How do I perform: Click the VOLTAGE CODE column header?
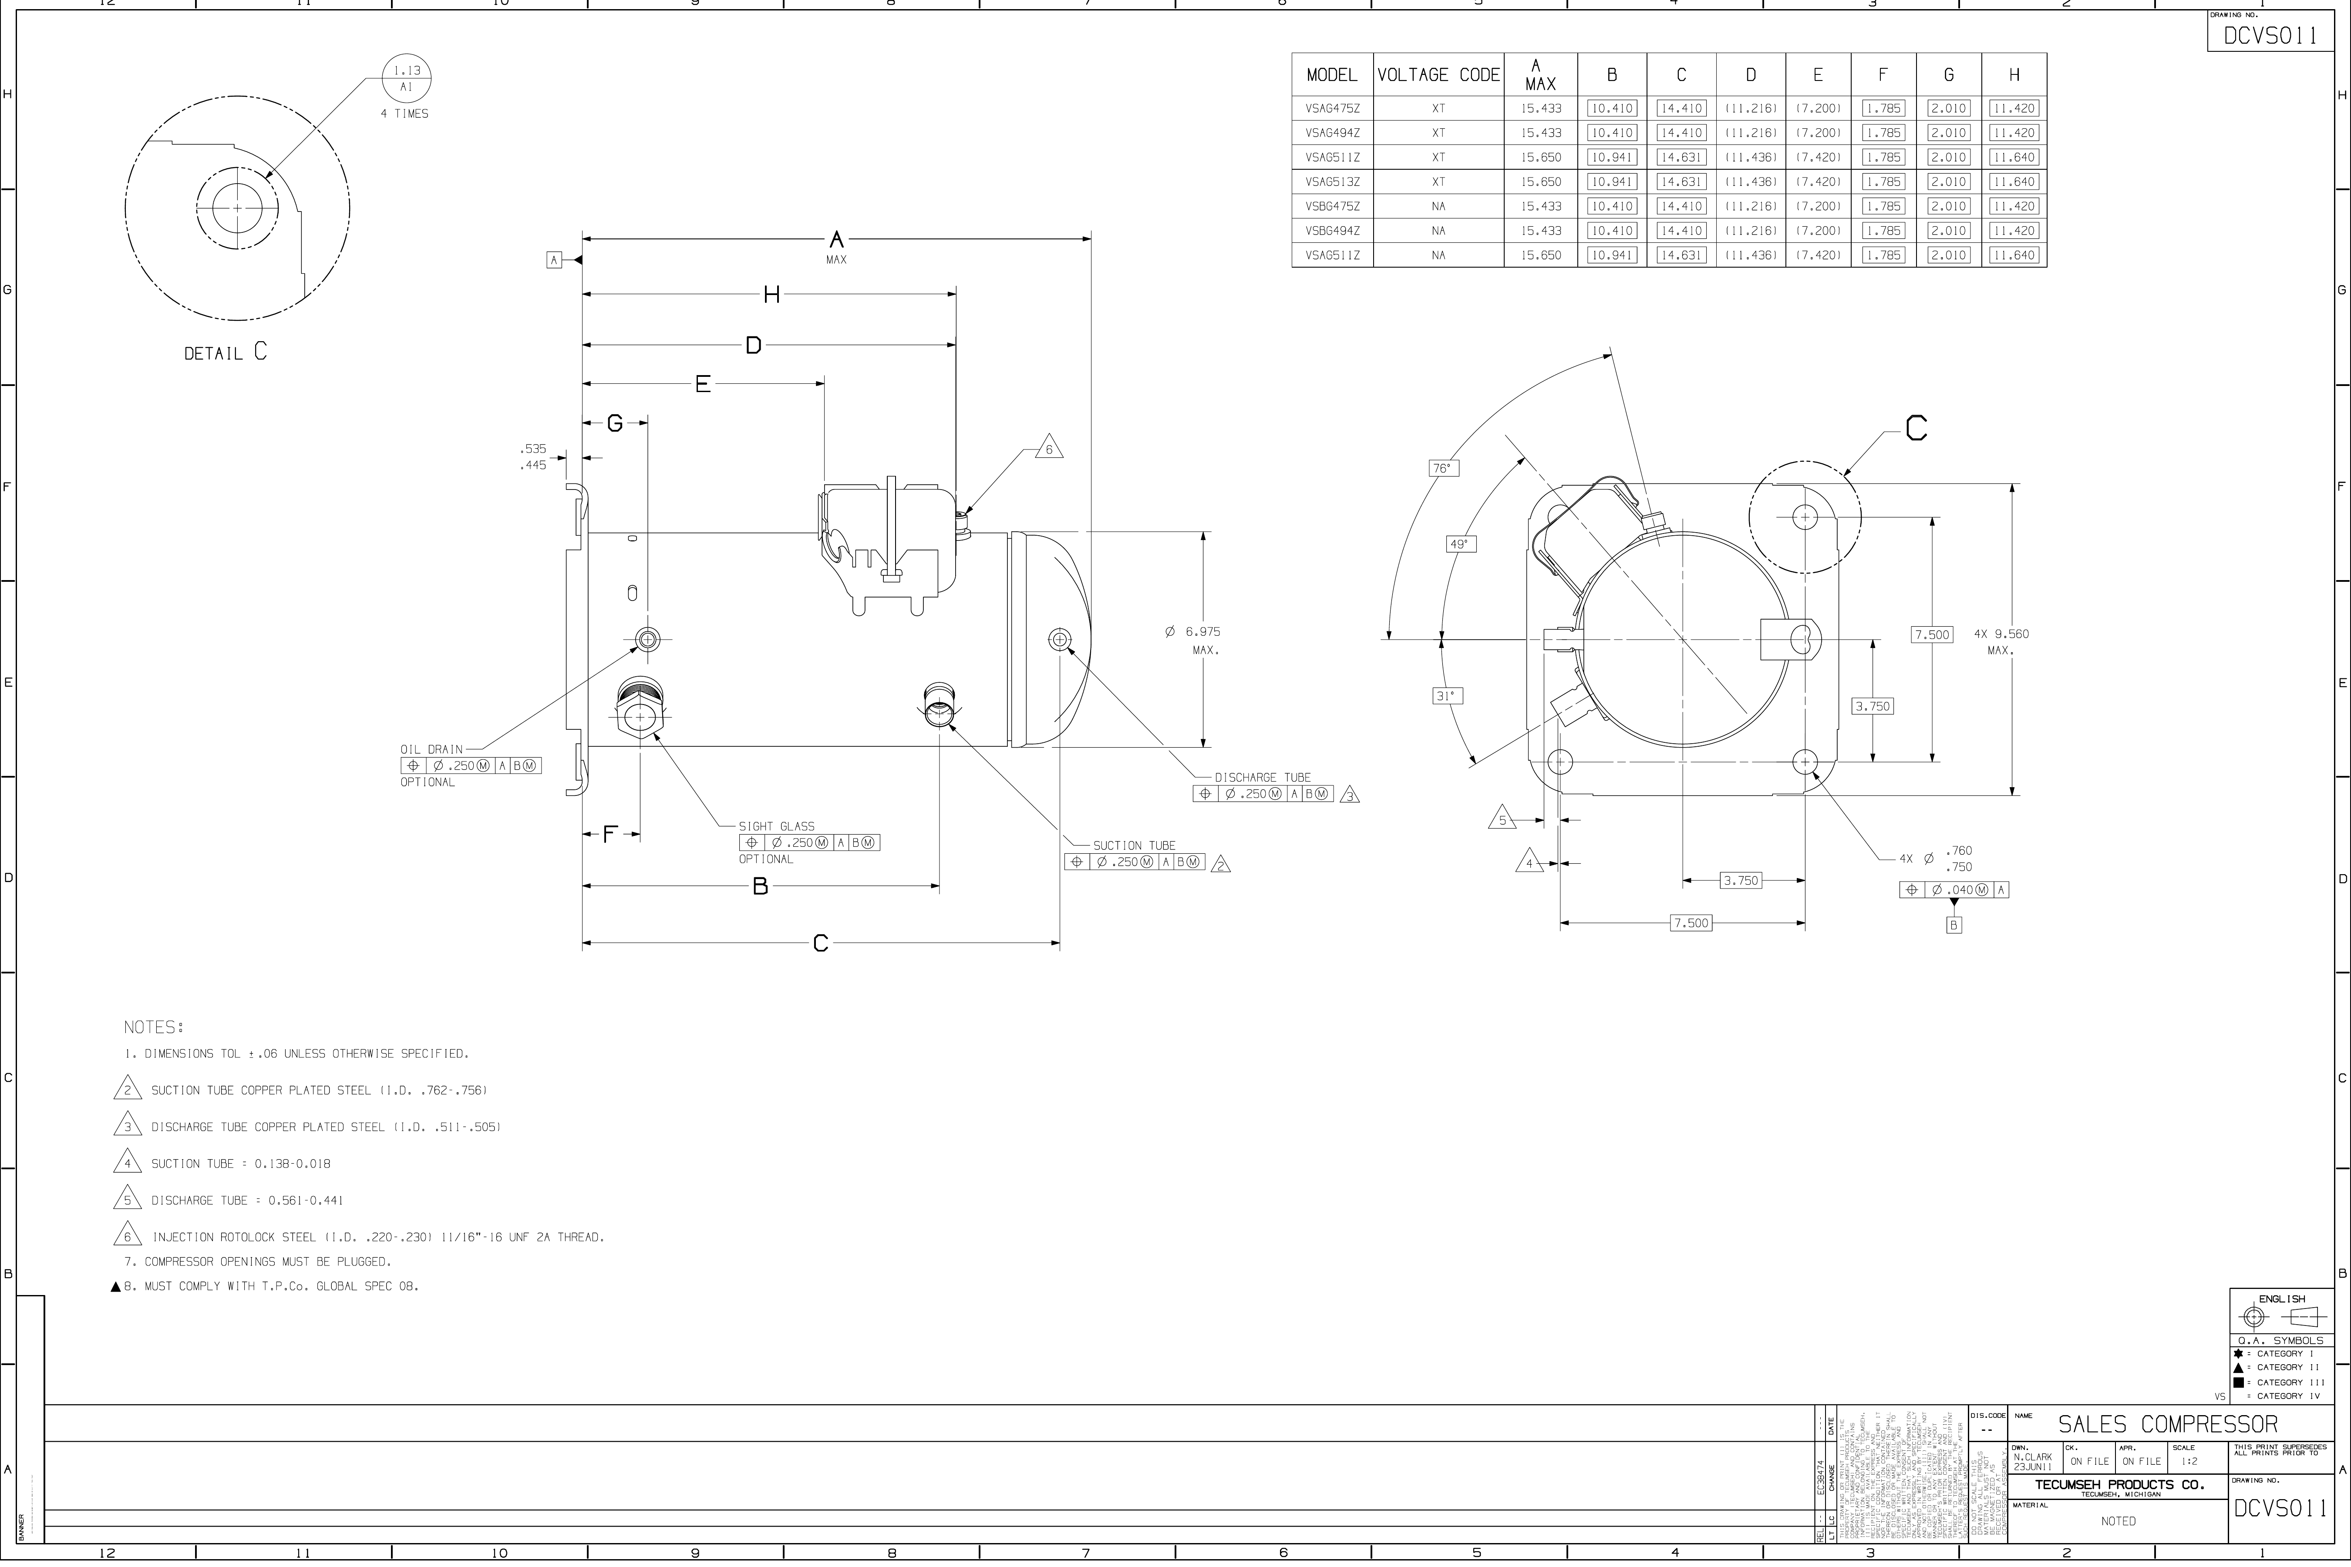click(1438, 75)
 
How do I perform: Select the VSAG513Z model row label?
click(1332, 182)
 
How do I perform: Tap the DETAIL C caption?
click(225, 353)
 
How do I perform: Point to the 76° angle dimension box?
click(1443, 468)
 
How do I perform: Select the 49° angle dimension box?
click(1460, 545)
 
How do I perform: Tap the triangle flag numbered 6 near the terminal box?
click(1048, 449)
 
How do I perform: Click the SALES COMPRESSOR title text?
click(2167, 1424)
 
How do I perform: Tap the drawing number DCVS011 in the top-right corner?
click(2270, 36)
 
